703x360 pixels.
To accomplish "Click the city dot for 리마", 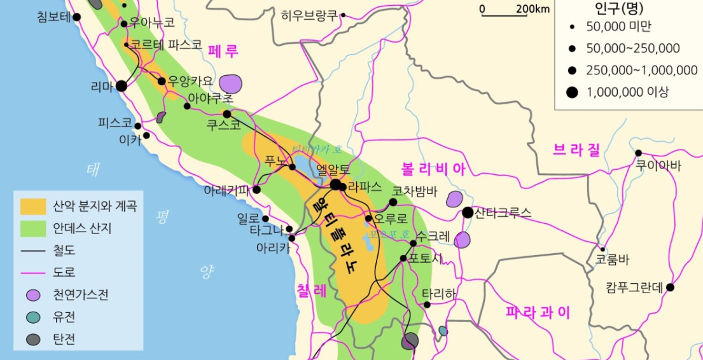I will coord(121,85).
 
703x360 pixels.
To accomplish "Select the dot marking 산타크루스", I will coord(468,212).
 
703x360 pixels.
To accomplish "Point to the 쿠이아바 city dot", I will coord(638,153).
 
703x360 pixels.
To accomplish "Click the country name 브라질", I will coord(576,150).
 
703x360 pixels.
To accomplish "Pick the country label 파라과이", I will coord(538,312).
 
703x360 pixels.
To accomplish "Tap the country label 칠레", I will coord(311,291).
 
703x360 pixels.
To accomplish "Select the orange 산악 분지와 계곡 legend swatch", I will coord(33,206).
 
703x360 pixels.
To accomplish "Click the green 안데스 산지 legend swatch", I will coord(33,228).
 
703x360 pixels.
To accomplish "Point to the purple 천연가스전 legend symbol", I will coord(33,295).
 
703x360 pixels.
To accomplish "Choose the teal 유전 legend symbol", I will coord(33,317).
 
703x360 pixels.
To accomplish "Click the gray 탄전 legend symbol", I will coord(33,340).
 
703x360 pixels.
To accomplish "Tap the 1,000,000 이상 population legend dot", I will coord(572,92).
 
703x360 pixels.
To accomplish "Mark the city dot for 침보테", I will coord(77,17).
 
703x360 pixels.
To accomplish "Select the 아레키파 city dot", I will coord(257,190).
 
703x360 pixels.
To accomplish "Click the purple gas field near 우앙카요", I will coord(232,83).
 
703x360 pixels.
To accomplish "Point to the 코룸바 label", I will coord(611,260).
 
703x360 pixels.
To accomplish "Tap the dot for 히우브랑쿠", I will coord(343,15).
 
